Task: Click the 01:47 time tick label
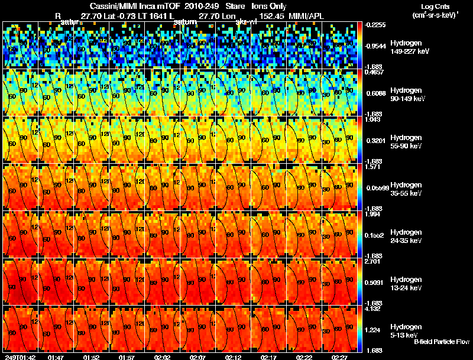(x=56, y=356)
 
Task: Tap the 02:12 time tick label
(x=234, y=356)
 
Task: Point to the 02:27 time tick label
(x=339, y=356)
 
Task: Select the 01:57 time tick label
(x=127, y=356)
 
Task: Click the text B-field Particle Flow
(x=441, y=342)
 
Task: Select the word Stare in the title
(x=234, y=6)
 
